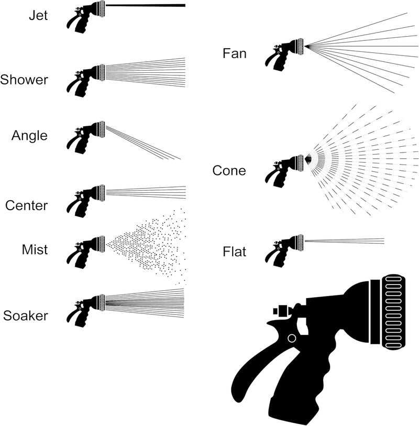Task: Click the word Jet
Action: (38, 15)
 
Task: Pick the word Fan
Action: (234, 53)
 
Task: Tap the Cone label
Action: (229, 171)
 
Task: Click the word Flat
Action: (234, 253)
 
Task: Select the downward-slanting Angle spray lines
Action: (144, 143)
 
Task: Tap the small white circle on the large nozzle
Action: (292, 338)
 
